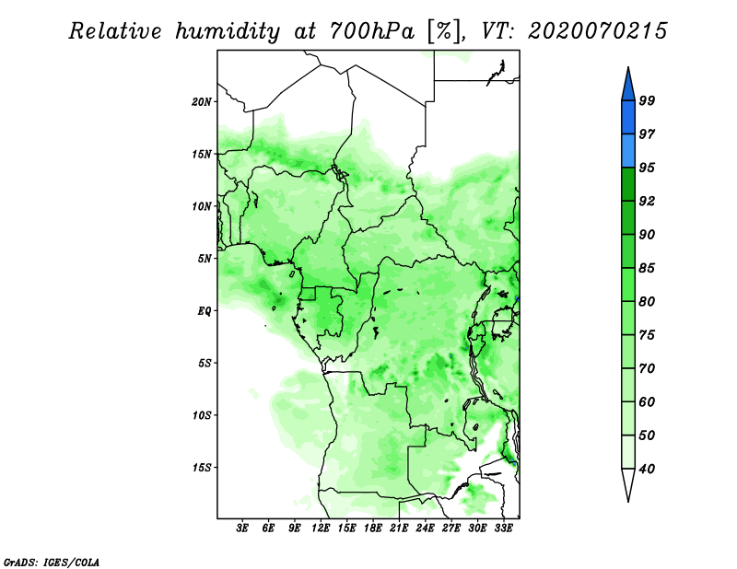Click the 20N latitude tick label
point(202,102)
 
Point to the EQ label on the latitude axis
point(204,311)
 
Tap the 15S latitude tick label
point(202,468)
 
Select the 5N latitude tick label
point(205,259)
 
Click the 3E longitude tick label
point(241,528)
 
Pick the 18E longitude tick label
point(373,528)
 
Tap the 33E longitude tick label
point(503,528)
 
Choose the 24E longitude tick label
point(425,528)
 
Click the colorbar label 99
point(647,100)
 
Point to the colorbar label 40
point(647,469)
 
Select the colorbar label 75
point(647,335)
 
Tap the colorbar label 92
point(647,201)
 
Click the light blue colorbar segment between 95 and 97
point(628,151)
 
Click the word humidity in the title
point(228,31)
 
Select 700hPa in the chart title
point(373,31)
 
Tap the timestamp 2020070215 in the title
point(597,31)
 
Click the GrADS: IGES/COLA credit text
point(52,562)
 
